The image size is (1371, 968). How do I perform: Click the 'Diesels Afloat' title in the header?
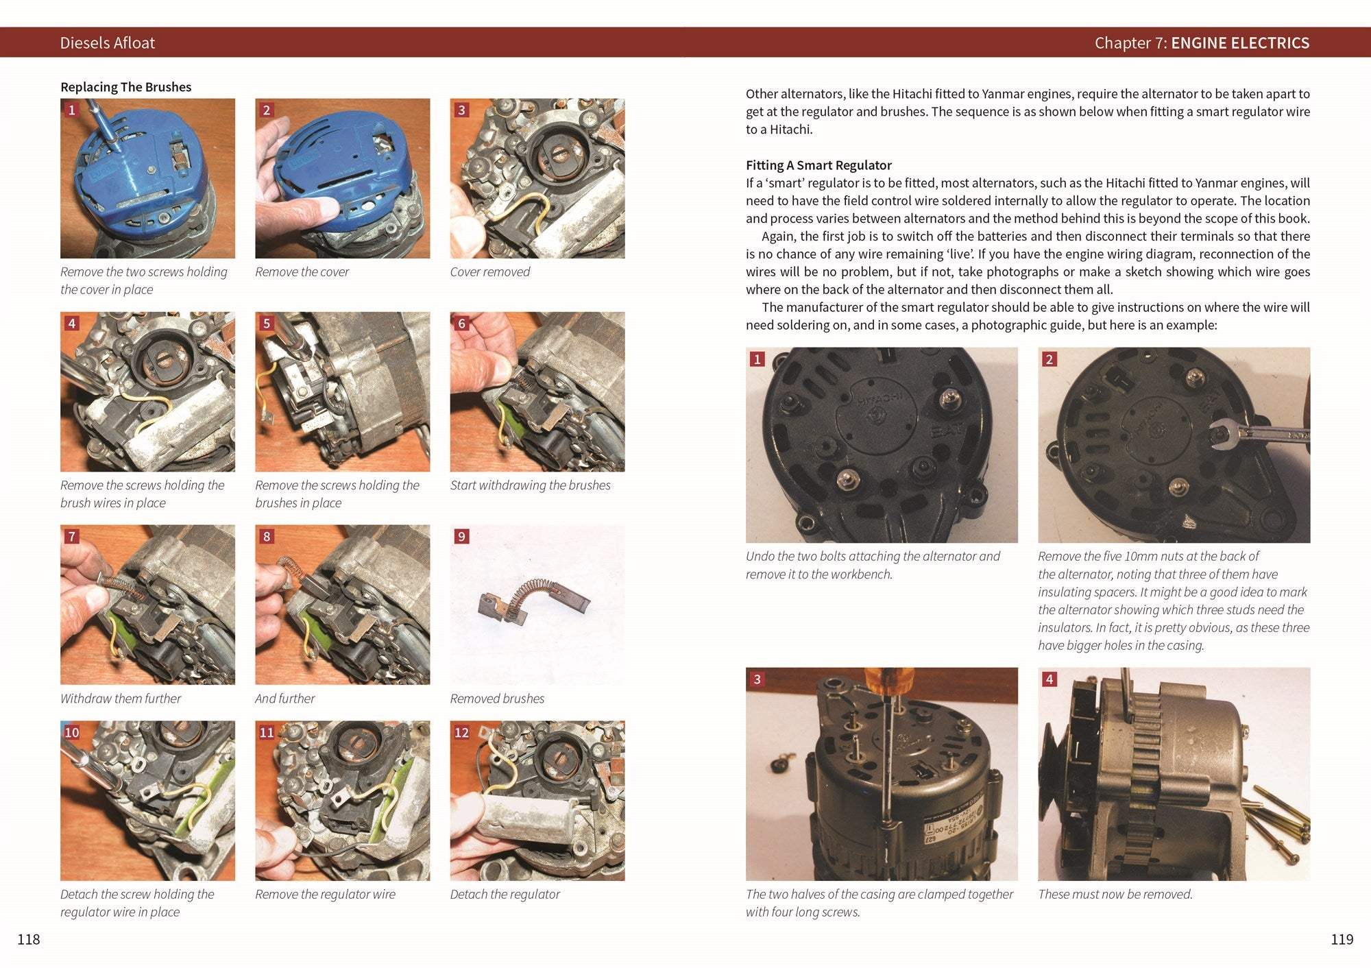[107, 43]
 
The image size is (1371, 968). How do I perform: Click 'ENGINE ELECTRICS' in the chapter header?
[1239, 43]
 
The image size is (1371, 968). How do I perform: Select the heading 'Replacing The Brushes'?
[125, 87]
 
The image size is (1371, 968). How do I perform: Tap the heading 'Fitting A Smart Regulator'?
[818, 165]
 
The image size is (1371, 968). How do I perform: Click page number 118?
[28, 939]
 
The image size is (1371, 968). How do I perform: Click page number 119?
[1342, 939]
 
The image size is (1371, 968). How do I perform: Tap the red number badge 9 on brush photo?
[461, 536]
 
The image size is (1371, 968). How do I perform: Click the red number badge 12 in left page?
[461, 732]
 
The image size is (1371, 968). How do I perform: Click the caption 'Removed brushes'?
[497, 699]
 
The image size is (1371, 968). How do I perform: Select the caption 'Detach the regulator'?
[505, 894]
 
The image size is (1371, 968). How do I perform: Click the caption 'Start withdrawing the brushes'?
[530, 485]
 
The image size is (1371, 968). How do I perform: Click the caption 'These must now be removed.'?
[1115, 894]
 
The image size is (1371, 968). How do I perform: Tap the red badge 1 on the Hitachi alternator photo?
[757, 359]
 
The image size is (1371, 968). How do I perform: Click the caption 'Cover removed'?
[489, 272]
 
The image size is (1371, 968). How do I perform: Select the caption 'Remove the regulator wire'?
[325, 894]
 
